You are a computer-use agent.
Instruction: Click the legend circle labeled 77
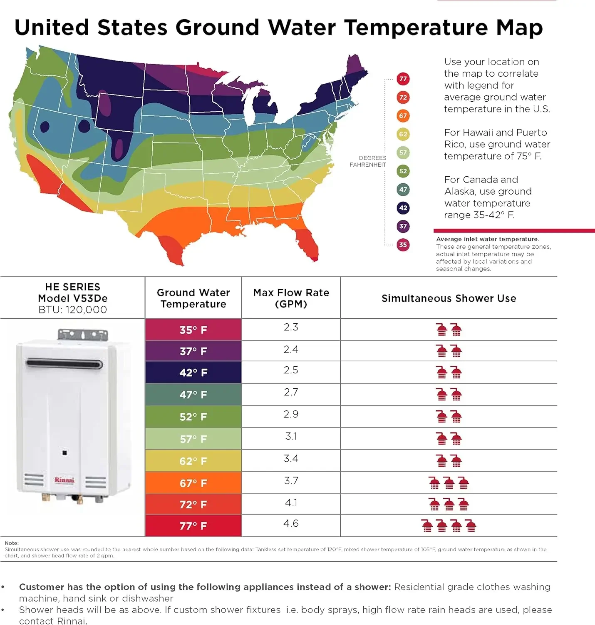403,79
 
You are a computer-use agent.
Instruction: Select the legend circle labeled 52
403,171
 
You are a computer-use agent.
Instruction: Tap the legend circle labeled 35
403,245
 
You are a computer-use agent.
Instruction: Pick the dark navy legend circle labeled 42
403,208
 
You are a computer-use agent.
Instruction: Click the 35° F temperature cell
193,330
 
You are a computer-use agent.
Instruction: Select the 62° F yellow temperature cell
193,461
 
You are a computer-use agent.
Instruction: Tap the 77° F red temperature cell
193,526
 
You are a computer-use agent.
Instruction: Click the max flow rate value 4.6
291,523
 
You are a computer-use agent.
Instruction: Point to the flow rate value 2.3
291,327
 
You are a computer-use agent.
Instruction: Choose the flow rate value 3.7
291,480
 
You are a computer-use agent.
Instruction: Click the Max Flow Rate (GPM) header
291,298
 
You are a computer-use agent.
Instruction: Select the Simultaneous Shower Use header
449,298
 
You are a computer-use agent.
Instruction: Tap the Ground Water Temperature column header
193,298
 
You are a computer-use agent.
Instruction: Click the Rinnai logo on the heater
64,480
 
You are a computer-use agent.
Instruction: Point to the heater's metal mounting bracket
82,335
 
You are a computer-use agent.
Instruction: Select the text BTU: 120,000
73,310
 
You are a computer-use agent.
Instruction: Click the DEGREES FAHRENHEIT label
368,161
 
